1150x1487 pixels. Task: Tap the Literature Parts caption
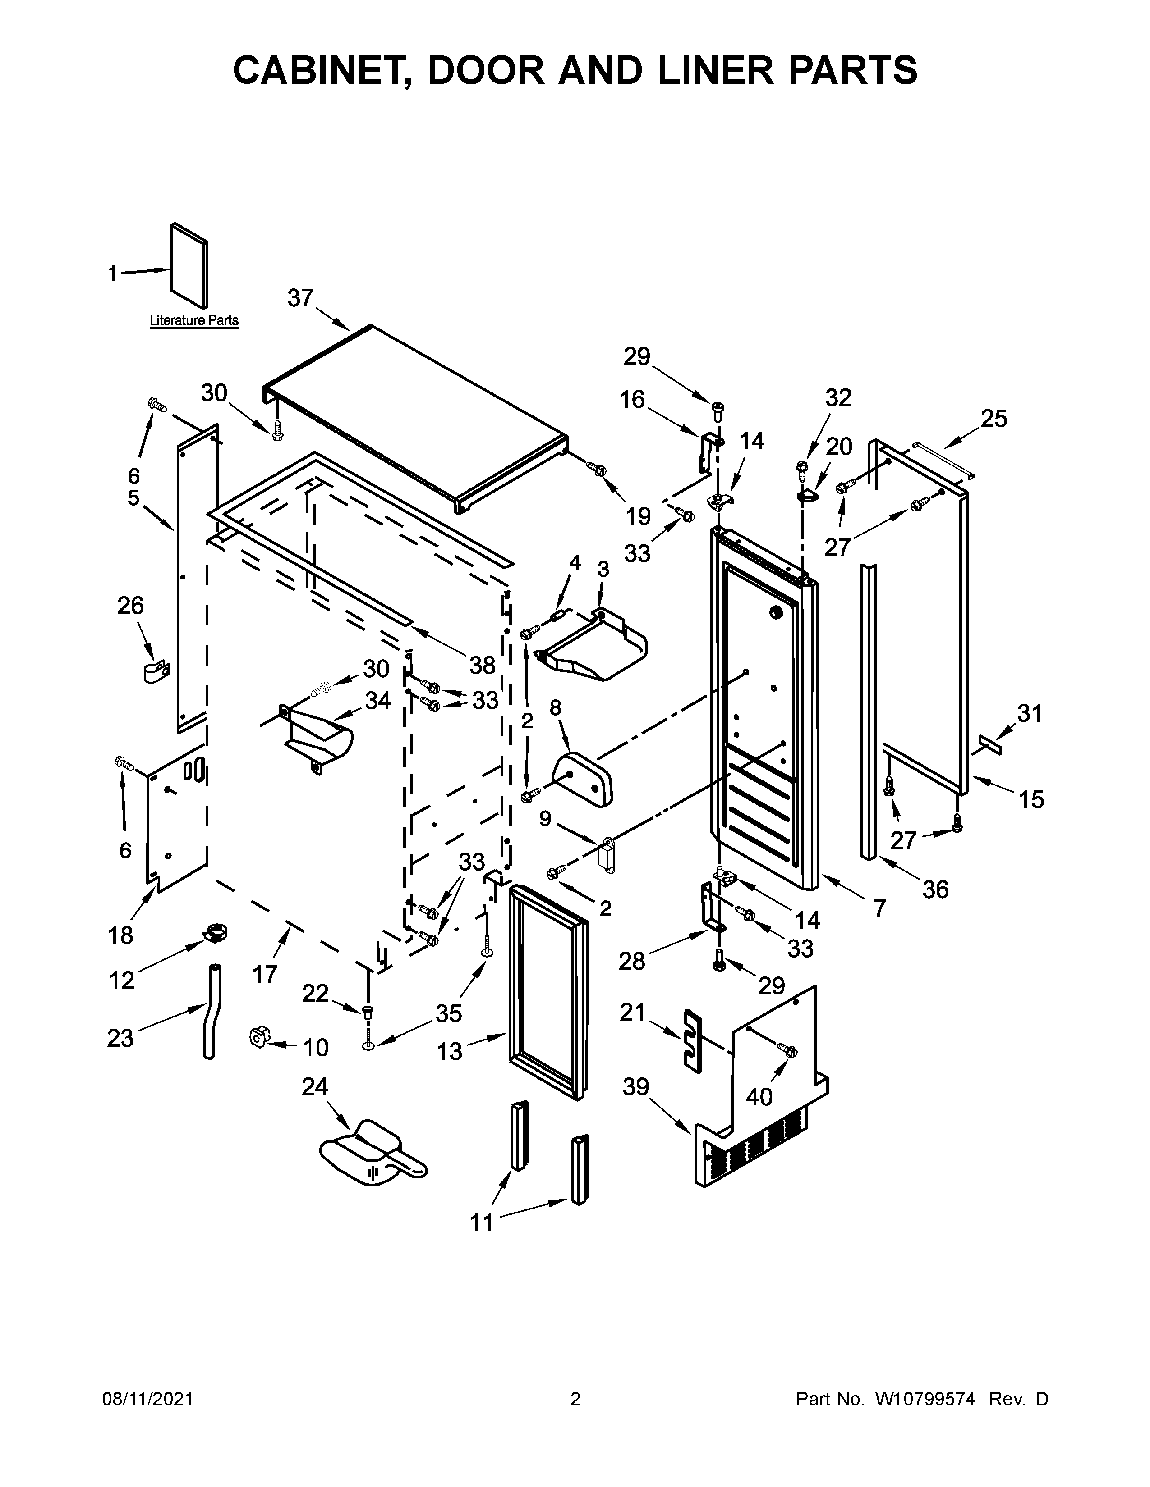tap(194, 320)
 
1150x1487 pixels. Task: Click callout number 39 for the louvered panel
tap(635, 1087)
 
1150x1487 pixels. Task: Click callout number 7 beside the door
tap(879, 908)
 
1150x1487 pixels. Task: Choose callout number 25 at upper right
tap(994, 419)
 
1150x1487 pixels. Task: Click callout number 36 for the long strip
tap(935, 889)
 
